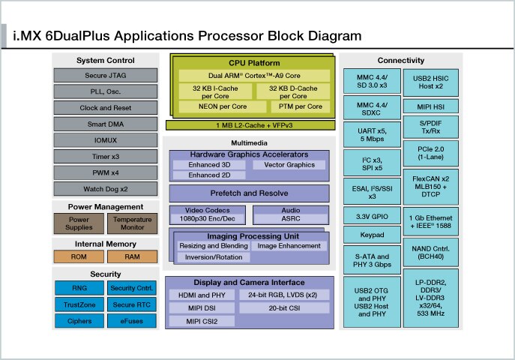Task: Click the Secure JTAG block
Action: coord(106,75)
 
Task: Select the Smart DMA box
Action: coord(106,124)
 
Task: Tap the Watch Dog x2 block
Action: coord(106,188)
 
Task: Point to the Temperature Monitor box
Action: coord(132,224)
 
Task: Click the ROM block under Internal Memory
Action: coord(79,256)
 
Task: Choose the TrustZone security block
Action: coord(79,304)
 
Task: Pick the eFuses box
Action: coord(132,321)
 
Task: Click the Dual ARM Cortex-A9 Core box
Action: coord(254,76)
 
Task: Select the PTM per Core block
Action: coord(294,106)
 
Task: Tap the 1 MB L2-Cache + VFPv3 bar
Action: coord(250,124)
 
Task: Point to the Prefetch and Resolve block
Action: coord(250,193)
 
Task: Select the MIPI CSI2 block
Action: coord(200,322)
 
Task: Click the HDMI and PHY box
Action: coord(200,295)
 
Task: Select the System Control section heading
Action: coord(106,60)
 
